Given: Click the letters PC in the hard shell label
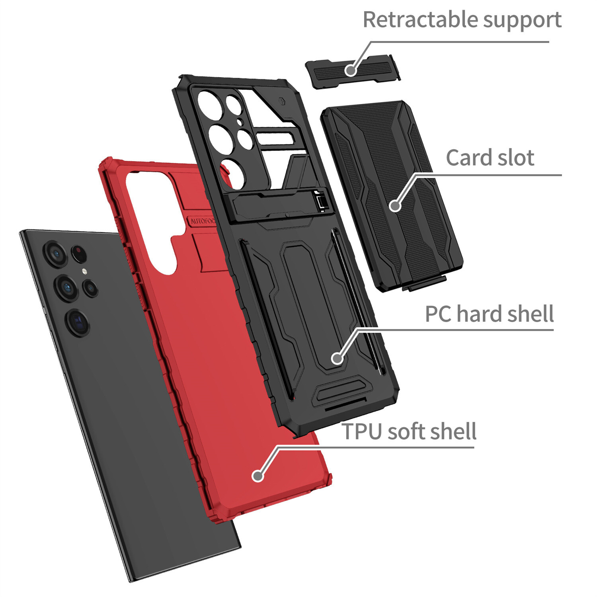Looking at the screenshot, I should click(439, 314).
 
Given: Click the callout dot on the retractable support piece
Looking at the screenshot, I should click(350, 70).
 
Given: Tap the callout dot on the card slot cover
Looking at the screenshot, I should click(395, 206).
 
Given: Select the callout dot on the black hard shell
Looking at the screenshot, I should click(337, 358).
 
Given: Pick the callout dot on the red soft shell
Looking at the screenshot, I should click(258, 476).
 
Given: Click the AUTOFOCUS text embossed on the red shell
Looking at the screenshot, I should click(202, 221).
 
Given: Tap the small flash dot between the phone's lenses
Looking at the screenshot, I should click(84, 272).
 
